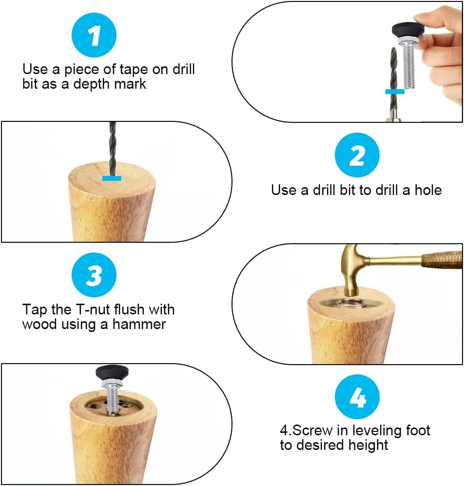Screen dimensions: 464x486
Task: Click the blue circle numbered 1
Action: point(94,35)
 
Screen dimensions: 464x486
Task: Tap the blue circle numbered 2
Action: point(357,155)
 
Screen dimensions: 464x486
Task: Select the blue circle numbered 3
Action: point(94,275)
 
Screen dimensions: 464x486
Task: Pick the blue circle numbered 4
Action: point(357,397)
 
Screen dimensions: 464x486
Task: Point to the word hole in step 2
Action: point(428,190)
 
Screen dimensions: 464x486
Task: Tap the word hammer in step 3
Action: point(139,324)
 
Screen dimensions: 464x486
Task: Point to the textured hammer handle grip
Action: point(442,260)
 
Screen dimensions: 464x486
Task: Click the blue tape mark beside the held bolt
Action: point(395,92)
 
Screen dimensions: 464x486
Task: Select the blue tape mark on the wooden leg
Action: point(112,178)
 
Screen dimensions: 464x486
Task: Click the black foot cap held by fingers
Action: point(407,31)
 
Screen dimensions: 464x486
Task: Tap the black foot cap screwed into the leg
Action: point(112,373)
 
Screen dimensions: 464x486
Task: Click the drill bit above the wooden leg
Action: point(112,149)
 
